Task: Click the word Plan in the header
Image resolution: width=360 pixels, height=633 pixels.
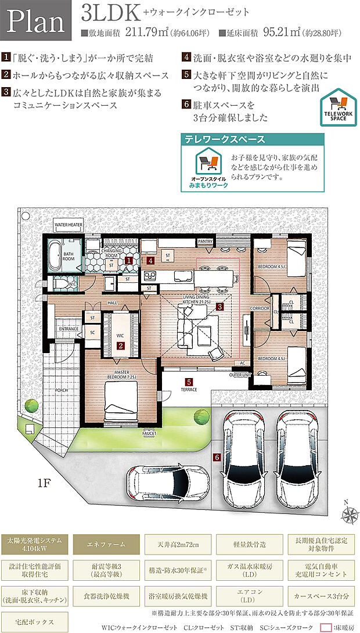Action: [36, 22]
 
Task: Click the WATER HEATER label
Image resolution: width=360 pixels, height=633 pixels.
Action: [69, 224]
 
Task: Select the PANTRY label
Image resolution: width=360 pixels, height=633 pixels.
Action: [206, 240]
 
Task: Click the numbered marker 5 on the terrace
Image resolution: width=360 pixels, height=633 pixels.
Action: [189, 382]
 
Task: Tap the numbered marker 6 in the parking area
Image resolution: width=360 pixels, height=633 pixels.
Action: [217, 458]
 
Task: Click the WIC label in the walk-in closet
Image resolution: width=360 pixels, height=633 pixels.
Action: [120, 335]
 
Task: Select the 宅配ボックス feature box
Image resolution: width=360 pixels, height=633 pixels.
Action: [36, 622]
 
